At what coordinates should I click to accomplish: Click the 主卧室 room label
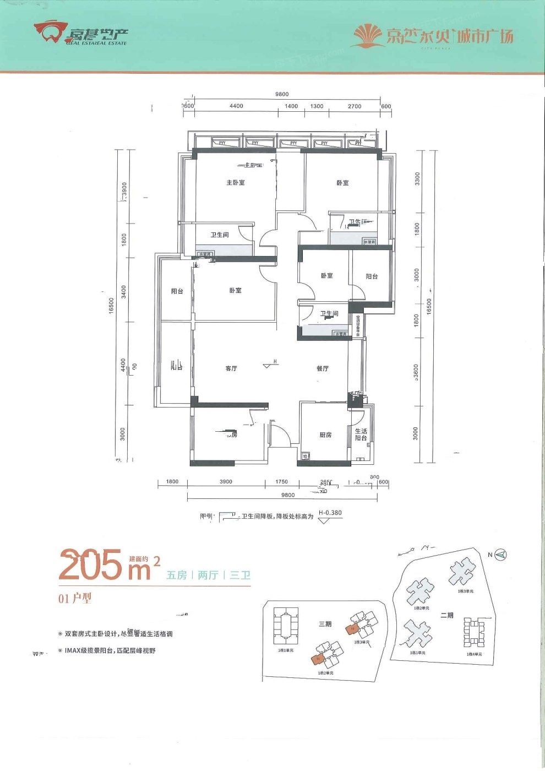(235, 182)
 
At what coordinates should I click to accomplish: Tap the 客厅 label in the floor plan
(231, 368)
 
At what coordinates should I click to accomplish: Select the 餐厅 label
(323, 368)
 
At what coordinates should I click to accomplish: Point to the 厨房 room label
(325, 435)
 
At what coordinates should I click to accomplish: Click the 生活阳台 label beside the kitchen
(361, 435)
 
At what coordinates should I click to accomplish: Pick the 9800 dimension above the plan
(282, 94)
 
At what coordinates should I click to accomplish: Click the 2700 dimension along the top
(355, 106)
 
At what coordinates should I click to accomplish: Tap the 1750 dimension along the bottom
(282, 482)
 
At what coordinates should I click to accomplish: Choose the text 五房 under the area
(176, 575)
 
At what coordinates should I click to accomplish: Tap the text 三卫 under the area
(240, 575)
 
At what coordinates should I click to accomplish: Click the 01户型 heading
(74, 599)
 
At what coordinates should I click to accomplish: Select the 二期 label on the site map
(446, 615)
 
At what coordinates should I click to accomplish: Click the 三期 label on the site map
(325, 624)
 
